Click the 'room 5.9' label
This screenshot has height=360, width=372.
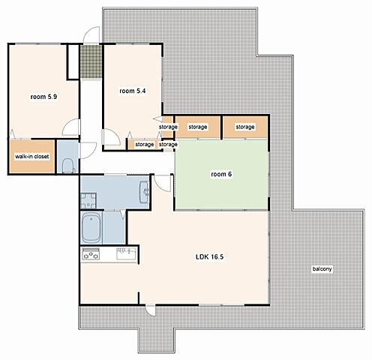(x=43, y=97)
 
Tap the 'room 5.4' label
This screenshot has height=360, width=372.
(x=133, y=91)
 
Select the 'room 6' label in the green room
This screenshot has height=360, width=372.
(x=221, y=174)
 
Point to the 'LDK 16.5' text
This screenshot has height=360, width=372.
(x=209, y=256)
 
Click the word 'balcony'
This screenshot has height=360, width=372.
(x=322, y=268)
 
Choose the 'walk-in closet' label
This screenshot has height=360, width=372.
(x=32, y=157)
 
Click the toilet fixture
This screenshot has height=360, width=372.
(x=68, y=166)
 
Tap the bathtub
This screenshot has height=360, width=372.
(x=91, y=227)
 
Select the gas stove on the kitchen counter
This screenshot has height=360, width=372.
(x=91, y=253)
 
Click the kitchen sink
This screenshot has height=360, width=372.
(x=127, y=253)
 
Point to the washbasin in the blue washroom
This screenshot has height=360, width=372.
(x=144, y=192)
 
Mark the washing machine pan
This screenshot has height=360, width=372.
(x=88, y=200)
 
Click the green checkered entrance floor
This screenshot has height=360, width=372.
(x=91, y=61)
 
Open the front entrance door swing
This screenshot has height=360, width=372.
(x=91, y=35)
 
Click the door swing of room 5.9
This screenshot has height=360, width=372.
(x=71, y=127)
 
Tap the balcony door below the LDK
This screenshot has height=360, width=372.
(x=151, y=310)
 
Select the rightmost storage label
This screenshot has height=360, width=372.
(x=245, y=127)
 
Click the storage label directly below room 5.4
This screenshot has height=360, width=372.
(x=144, y=145)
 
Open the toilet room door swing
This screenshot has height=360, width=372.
(x=88, y=150)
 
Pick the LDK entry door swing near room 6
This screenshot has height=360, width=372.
(x=163, y=183)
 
